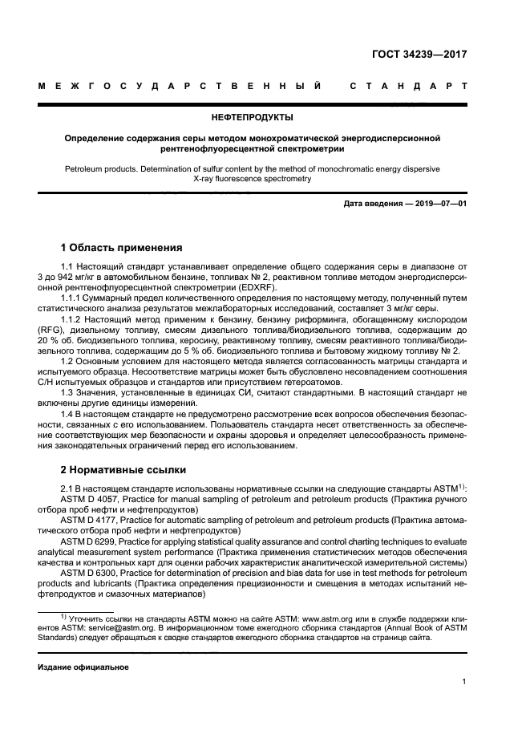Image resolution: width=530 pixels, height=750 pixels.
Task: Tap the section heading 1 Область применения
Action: click(122, 248)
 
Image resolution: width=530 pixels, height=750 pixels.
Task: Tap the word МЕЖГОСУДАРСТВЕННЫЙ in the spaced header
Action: click(180, 86)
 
